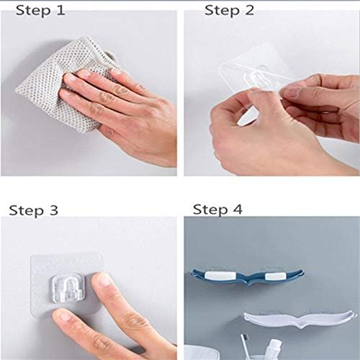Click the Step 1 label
pos(40,11)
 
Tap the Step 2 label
pos(229,11)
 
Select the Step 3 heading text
pos(33,211)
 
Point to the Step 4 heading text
pos(217,210)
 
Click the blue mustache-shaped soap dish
pos(247,276)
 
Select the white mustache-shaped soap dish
pos(300,319)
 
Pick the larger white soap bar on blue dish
pos(220,276)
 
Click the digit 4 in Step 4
pos(238,210)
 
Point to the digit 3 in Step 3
pos(53,210)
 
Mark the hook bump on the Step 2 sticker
pos(256,77)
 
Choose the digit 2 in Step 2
pos(250,11)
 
